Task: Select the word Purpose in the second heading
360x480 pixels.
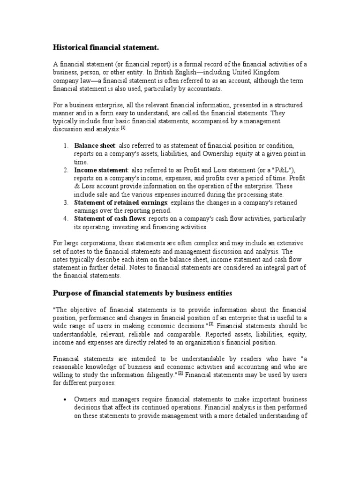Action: [x=68, y=293]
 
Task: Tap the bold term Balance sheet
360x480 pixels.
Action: [x=95, y=145]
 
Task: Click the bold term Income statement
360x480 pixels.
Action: [x=101, y=170]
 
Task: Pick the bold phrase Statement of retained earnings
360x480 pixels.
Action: [x=120, y=202]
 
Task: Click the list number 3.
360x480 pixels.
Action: [x=66, y=202]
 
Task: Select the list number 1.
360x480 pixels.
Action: [x=66, y=145]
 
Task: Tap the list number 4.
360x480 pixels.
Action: [x=66, y=219]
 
